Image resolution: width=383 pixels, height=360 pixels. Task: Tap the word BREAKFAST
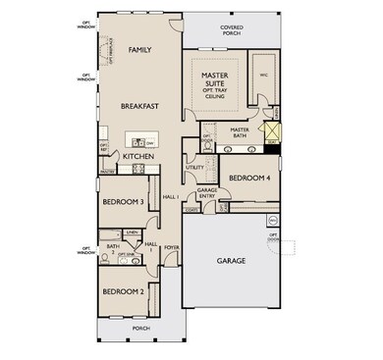click(x=140, y=105)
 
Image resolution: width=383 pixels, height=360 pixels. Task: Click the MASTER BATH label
click(x=239, y=132)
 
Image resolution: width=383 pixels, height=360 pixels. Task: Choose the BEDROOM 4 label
click(x=248, y=178)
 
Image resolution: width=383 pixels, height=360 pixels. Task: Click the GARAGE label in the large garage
click(x=231, y=260)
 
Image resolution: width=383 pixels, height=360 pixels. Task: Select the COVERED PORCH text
click(x=232, y=29)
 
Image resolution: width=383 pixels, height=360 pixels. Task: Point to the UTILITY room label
click(x=194, y=168)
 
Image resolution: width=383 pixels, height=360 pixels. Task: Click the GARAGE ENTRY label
click(x=207, y=192)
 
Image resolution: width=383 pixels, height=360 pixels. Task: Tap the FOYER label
click(x=172, y=248)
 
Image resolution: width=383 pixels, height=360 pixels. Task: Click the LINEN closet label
click(x=131, y=231)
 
